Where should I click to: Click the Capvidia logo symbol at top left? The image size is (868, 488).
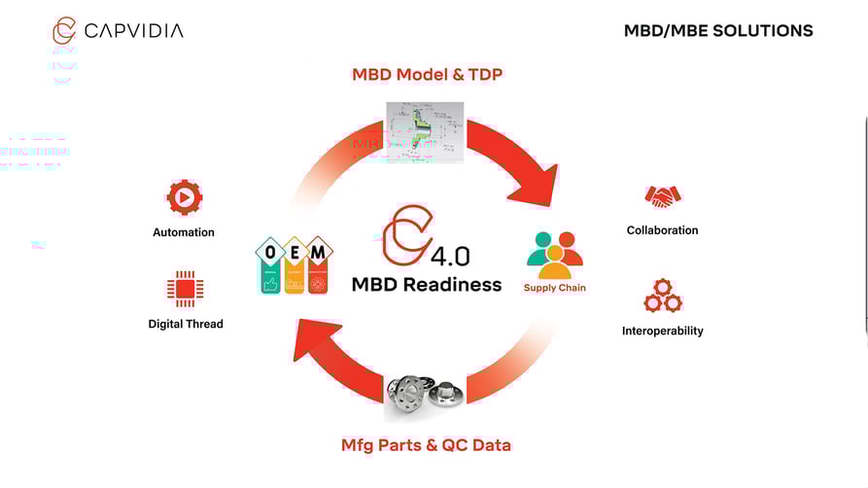point(64,30)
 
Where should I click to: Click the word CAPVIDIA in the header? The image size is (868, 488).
point(133,31)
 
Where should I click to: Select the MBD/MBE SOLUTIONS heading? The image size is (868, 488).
point(718,31)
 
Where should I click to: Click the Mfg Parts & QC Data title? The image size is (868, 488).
point(426,445)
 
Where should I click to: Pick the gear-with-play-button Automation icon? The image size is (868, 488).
point(184,197)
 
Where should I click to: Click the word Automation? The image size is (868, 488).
point(184,232)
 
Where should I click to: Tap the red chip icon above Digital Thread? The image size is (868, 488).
point(185,289)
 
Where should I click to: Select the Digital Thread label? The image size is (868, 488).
point(185,324)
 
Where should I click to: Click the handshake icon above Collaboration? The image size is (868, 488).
point(663,196)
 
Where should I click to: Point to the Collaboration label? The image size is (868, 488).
point(662,230)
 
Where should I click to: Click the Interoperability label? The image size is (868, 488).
point(662,331)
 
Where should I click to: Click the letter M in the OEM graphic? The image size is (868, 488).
point(317,253)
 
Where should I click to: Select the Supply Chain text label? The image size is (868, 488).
point(555,288)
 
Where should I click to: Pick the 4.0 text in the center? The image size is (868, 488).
point(450,257)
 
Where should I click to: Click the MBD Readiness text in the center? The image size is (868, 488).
point(427,285)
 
